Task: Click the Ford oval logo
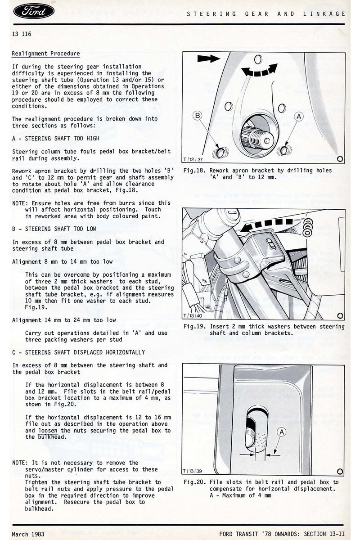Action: pos(34,11)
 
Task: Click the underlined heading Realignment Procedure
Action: pos(46,54)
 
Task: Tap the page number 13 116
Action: pos(22,34)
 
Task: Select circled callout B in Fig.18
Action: pos(198,116)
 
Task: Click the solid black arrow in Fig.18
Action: pos(208,58)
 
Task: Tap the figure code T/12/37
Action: pos(193,159)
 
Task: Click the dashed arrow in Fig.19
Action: pos(270,224)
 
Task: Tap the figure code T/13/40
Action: pos(193,316)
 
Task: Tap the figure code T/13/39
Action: pos(193,471)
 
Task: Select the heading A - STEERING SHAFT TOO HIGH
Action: pos(56,139)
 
